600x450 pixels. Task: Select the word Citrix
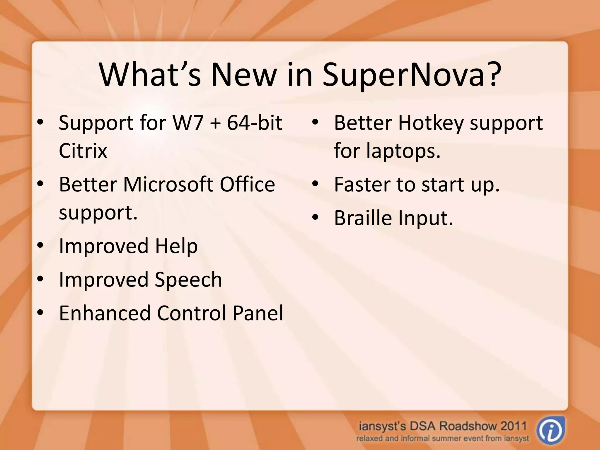tap(83, 151)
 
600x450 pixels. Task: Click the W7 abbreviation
tap(188, 123)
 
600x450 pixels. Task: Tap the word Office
tap(247, 185)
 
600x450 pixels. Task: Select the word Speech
tap(188, 279)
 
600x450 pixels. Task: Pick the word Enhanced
tap(105, 313)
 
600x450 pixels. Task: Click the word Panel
tap(258, 313)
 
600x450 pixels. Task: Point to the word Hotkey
tap(431, 123)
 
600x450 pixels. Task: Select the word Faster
tap(362, 185)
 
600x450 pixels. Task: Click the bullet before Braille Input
tap(315, 218)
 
